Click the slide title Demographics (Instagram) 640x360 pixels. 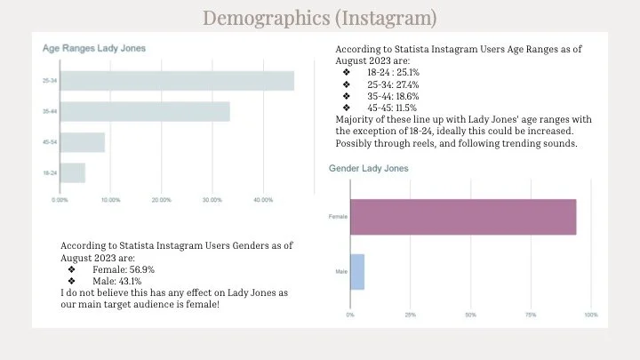[319, 17]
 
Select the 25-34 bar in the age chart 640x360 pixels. [177, 80]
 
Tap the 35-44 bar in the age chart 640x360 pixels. [145, 111]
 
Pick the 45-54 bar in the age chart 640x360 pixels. [83, 142]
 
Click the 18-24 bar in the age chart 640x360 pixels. [73, 172]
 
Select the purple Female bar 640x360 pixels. [463, 217]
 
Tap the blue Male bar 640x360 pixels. [357, 272]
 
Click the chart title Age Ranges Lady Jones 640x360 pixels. [94, 48]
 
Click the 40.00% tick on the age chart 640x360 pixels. [262, 200]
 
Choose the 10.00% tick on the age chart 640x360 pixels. [110, 200]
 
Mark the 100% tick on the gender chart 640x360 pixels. [591, 315]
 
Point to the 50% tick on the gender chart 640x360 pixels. [470, 315]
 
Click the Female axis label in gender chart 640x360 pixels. [338, 217]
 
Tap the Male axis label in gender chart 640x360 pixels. [340, 272]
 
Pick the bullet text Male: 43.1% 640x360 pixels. [118, 280]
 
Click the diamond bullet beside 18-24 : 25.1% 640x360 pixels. [346, 72]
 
